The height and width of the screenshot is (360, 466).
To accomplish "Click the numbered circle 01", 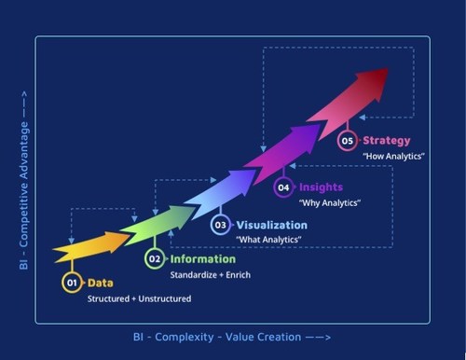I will pyautogui.click(x=72, y=282).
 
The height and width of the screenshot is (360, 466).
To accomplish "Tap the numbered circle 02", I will pyautogui.click(x=155, y=258).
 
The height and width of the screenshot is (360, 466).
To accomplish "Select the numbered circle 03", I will pyautogui.click(x=221, y=225).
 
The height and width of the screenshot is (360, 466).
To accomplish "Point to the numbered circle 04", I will pyautogui.click(x=283, y=187).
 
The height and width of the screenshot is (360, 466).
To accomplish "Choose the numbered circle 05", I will pyautogui.click(x=348, y=141).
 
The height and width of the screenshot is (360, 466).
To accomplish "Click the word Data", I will pyautogui.click(x=101, y=282).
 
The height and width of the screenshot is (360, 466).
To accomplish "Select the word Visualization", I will pyautogui.click(x=271, y=225).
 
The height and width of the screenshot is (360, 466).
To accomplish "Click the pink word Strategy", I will pyautogui.click(x=387, y=141).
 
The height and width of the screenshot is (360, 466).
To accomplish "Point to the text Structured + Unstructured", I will pyautogui.click(x=139, y=298).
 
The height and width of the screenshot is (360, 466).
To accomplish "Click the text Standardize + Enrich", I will pyautogui.click(x=209, y=275).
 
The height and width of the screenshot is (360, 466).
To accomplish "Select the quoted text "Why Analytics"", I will pyautogui.click(x=330, y=202).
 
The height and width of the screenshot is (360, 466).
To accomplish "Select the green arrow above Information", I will pyautogui.click(x=149, y=226).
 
